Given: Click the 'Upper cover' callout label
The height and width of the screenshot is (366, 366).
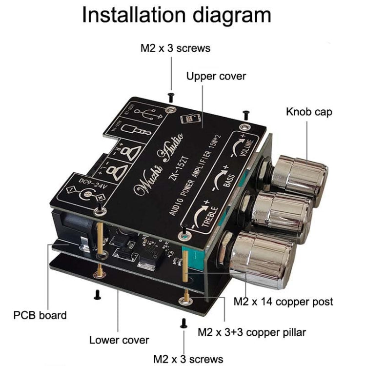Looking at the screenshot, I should point(216,76).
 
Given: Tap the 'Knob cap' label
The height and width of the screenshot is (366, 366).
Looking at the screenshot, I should point(309,112).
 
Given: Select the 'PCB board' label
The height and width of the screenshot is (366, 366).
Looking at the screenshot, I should point(40,315).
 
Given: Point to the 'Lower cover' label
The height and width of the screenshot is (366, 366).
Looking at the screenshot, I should point(119,340).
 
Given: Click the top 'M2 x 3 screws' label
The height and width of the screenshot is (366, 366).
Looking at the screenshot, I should point(175,48).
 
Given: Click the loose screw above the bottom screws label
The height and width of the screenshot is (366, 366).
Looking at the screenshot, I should point(183,323).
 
